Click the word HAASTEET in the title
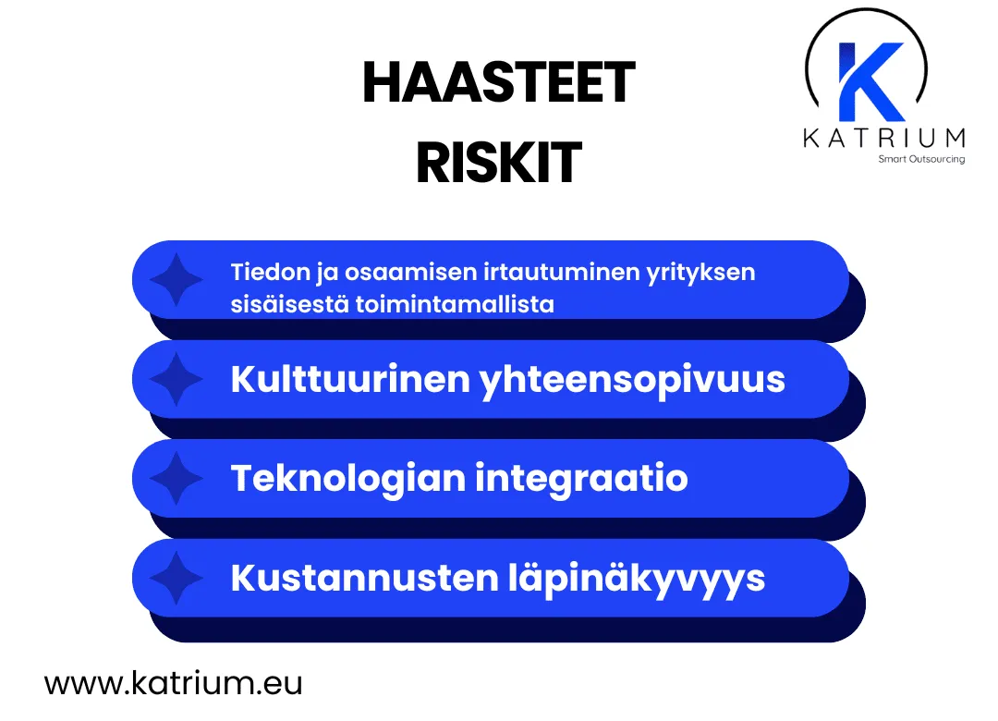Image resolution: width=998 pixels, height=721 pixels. tap(498, 83)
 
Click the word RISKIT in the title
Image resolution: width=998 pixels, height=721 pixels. tap(498, 164)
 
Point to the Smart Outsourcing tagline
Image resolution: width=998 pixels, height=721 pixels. tap(921, 159)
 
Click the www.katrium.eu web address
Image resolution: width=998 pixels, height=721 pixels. tap(173, 684)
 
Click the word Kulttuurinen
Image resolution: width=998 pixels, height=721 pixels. tap(349, 379)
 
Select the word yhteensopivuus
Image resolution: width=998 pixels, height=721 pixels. tap(632, 380)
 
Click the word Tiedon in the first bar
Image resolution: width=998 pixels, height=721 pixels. tap(262, 273)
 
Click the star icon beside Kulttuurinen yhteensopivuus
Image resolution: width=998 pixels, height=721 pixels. tap(176, 379)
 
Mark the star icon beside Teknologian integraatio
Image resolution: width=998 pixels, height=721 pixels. tap(176, 478)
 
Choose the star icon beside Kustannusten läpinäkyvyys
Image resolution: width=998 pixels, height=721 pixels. tap(176, 578)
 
